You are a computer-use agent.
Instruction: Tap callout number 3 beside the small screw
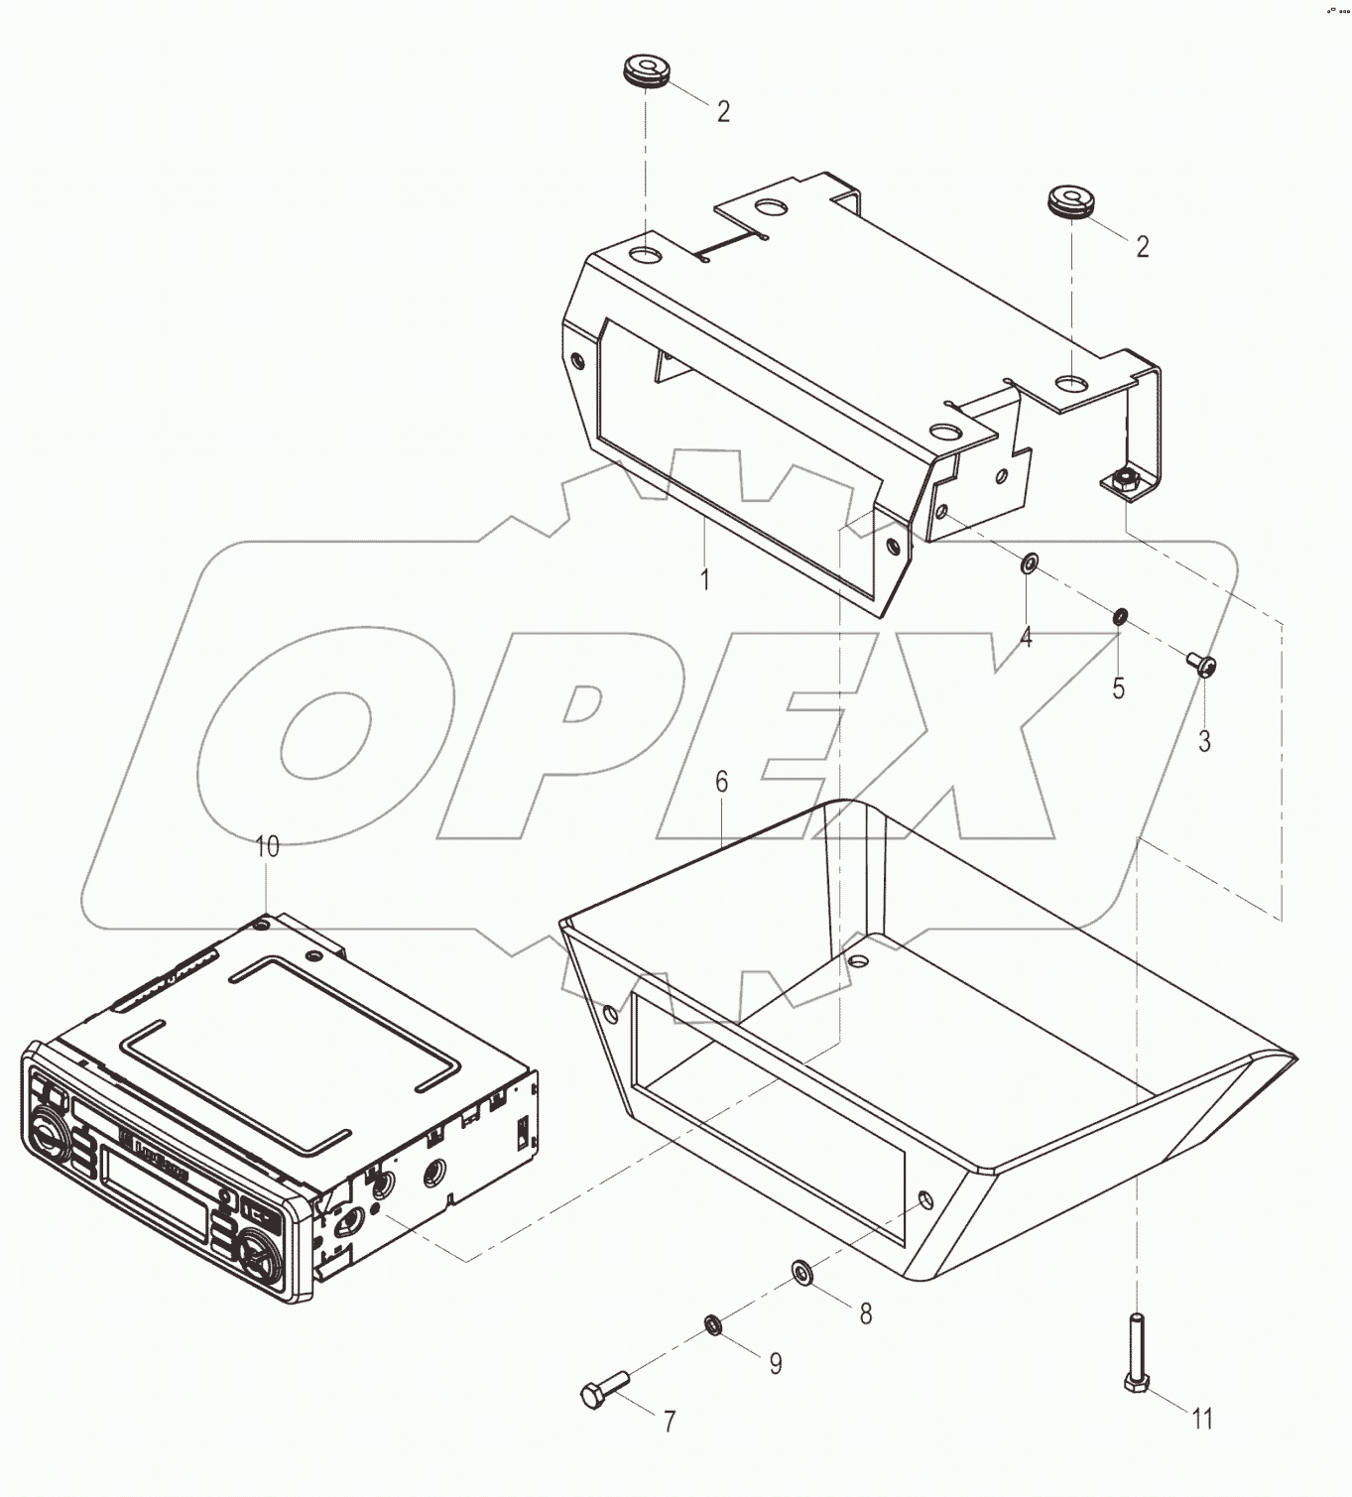(x=1204, y=741)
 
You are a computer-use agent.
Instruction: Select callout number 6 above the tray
(x=722, y=782)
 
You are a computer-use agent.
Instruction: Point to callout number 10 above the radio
(x=268, y=846)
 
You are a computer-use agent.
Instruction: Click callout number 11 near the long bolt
(x=1202, y=1420)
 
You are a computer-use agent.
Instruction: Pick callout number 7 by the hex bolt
(x=670, y=1422)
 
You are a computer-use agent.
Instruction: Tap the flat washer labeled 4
(x=1030, y=565)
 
